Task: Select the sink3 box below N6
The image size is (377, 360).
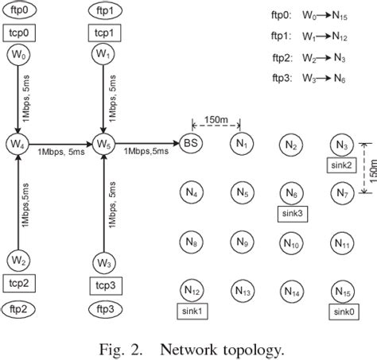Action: (292, 213)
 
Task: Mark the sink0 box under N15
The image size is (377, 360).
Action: (343, 312)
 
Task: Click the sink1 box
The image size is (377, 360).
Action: (192, 312)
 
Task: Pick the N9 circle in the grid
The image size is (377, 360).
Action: (242, 242)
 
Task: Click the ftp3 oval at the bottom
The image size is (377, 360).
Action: (103, 307)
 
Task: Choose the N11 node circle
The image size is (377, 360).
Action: (343, 242)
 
